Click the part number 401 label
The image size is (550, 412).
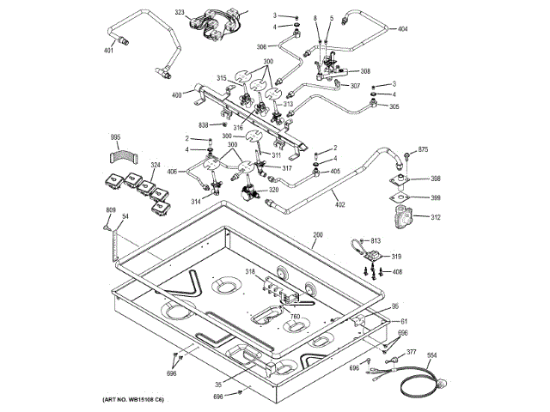point(109,51)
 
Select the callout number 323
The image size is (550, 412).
point(180,13)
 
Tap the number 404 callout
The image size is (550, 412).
point(402,29)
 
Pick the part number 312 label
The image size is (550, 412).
point(436,217)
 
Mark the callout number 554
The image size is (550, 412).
point(431,355)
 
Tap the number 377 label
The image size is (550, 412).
point(412,352)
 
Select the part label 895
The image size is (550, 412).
point(115,137)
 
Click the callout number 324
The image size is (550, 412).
point(132,166)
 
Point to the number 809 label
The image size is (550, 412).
point(111,210)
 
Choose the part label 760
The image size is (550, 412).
point(295,317)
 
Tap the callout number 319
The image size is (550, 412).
point(396,256)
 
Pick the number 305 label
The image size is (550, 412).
point(394,106)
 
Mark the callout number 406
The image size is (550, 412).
point(172,172)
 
